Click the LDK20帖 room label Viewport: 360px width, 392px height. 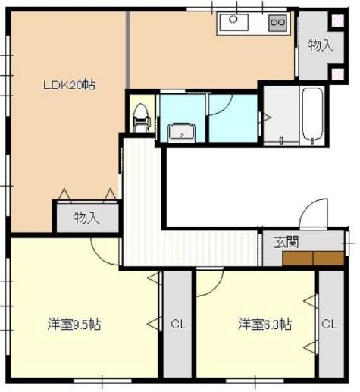(67, 85)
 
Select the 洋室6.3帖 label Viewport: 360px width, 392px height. (265, 325)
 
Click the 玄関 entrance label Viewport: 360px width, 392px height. (286, 243)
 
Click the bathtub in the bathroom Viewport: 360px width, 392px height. (312, 116)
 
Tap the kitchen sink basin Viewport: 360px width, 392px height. (234, 22)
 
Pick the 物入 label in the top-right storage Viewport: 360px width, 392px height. (320, 45)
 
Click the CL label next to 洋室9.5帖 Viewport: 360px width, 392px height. (178, 325)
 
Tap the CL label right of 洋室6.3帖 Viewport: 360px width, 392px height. (330, 325)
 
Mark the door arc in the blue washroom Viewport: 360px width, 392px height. (221, 105)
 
